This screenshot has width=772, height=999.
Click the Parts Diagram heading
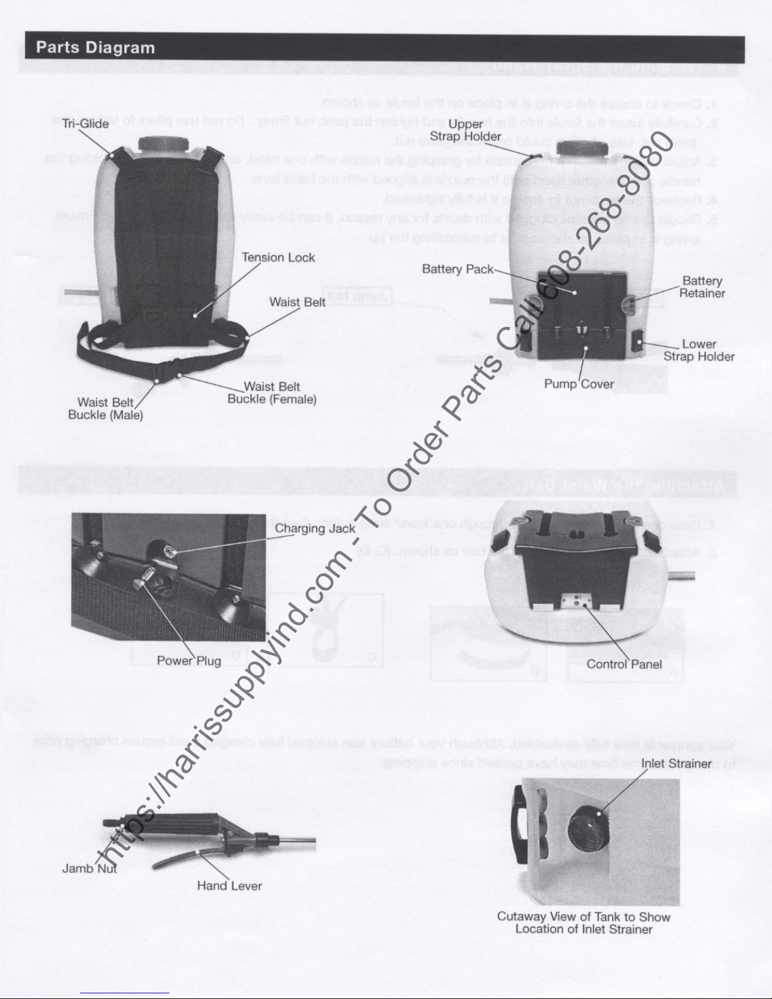click(95, 48)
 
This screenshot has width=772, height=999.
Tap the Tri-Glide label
click(86, 124)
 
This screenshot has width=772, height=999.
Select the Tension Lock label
click(278, 257)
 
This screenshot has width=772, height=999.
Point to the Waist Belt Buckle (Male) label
click(105, 409)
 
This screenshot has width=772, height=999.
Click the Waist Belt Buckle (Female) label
click(272, 393)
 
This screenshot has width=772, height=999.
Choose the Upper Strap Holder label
click(466, 130)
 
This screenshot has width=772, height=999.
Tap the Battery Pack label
click(458, 269)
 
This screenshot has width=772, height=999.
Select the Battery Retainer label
click(702, 287)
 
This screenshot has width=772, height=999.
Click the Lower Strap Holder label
click(699, 350)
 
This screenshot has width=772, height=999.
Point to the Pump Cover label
click(579, 384)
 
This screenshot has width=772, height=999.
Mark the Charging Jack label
click(314, 528)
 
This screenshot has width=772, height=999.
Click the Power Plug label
click(188, 661)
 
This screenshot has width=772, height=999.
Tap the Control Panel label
click(624, 664)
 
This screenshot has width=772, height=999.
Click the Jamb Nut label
click(89, 869)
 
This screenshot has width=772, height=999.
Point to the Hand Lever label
click(229, 886)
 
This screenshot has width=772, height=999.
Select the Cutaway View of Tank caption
click(584, 923)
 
